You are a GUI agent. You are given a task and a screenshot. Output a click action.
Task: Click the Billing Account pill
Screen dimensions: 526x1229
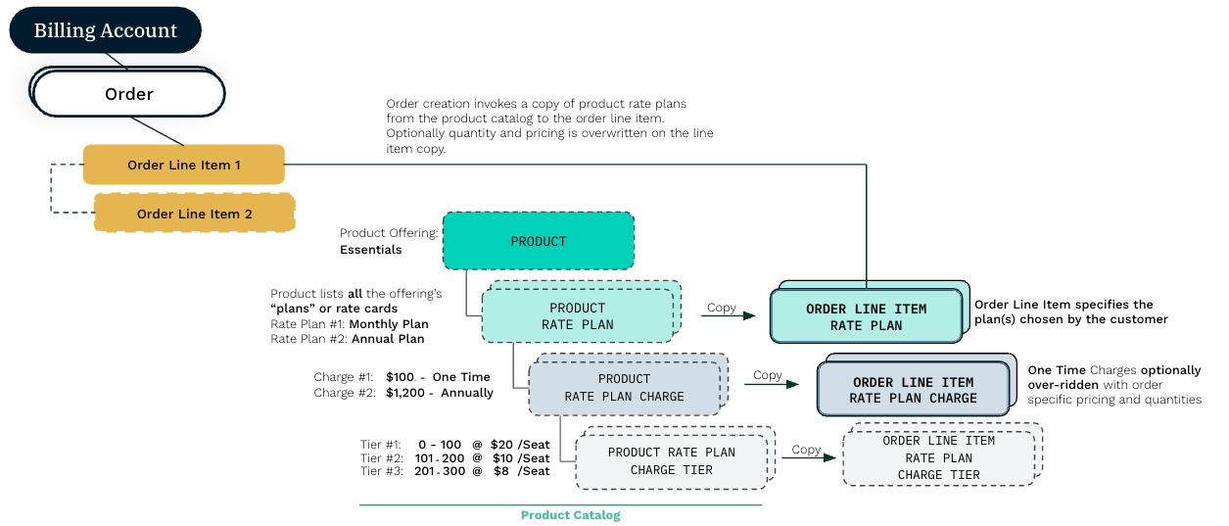[105, 30]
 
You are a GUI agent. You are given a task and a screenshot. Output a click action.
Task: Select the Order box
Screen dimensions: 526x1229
[128, 94]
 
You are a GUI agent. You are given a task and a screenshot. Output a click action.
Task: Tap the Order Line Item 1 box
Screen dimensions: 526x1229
[183, 165]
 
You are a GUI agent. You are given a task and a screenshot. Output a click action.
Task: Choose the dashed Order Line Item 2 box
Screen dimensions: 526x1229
[194, 214]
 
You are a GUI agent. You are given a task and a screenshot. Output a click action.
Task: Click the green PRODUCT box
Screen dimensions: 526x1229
[538, 241]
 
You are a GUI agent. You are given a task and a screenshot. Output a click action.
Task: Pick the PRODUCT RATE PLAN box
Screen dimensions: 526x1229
[577, 315]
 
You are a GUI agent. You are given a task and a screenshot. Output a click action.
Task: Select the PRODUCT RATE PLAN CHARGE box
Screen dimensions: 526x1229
[624, 387]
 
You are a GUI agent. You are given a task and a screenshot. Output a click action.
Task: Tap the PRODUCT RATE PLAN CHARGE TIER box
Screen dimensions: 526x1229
[671, 460]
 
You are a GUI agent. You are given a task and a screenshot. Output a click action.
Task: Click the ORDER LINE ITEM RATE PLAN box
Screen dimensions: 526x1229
[866, 316]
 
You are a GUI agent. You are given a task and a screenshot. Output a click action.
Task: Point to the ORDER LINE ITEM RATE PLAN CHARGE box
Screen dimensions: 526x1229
[913, 390]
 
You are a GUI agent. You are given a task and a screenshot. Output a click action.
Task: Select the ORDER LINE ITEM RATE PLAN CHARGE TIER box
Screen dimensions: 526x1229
[938, 457]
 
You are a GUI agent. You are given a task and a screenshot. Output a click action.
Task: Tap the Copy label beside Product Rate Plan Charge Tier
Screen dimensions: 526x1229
[806, 450]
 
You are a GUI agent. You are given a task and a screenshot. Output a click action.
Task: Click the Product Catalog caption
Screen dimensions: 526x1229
[570, 515]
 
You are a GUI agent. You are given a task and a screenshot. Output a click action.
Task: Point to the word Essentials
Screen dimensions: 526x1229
[370, 250]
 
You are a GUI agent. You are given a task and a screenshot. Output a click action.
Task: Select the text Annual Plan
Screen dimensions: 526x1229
[389, 339]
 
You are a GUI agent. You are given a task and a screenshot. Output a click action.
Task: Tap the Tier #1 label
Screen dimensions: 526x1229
[381, 445]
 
